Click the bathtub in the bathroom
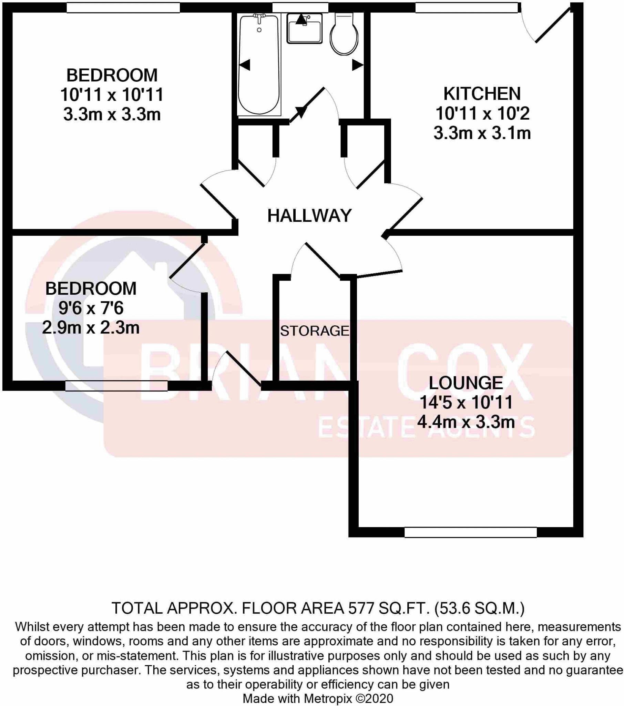(x=259, y=65)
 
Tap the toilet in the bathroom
(x=344, y=34)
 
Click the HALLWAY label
(x=309, y=215)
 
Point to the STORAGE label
(x=315, y=331)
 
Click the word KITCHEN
(x=482, y=94)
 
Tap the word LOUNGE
(x=466, y=383)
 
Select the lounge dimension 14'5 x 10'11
(x=466, y=402)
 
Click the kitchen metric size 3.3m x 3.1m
(x=482, y=133)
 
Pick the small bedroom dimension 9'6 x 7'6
(x=91, y=308)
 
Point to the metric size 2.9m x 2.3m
(x=91, y=327)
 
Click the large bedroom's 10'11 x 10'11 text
(x=112, y=95)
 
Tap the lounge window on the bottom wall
(x=470, y=532)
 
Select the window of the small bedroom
(x=116, y=385)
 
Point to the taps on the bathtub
(x=259, y=17)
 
